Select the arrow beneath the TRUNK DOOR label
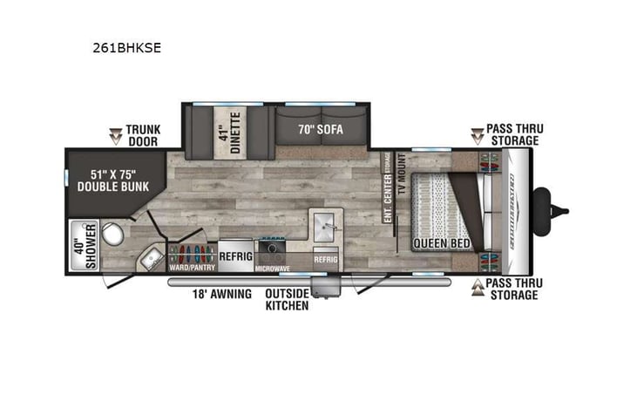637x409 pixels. [115, 135]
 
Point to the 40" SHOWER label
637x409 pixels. [84, 246]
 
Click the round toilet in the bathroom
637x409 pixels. [112, 235]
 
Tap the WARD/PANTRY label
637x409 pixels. [192, 268]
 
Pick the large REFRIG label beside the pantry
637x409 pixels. [234, 256]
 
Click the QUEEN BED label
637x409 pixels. [442, 243]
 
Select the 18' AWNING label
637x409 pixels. [222, 294]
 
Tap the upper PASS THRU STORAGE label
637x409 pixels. [513, 135]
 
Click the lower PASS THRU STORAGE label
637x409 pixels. [513, 290]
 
